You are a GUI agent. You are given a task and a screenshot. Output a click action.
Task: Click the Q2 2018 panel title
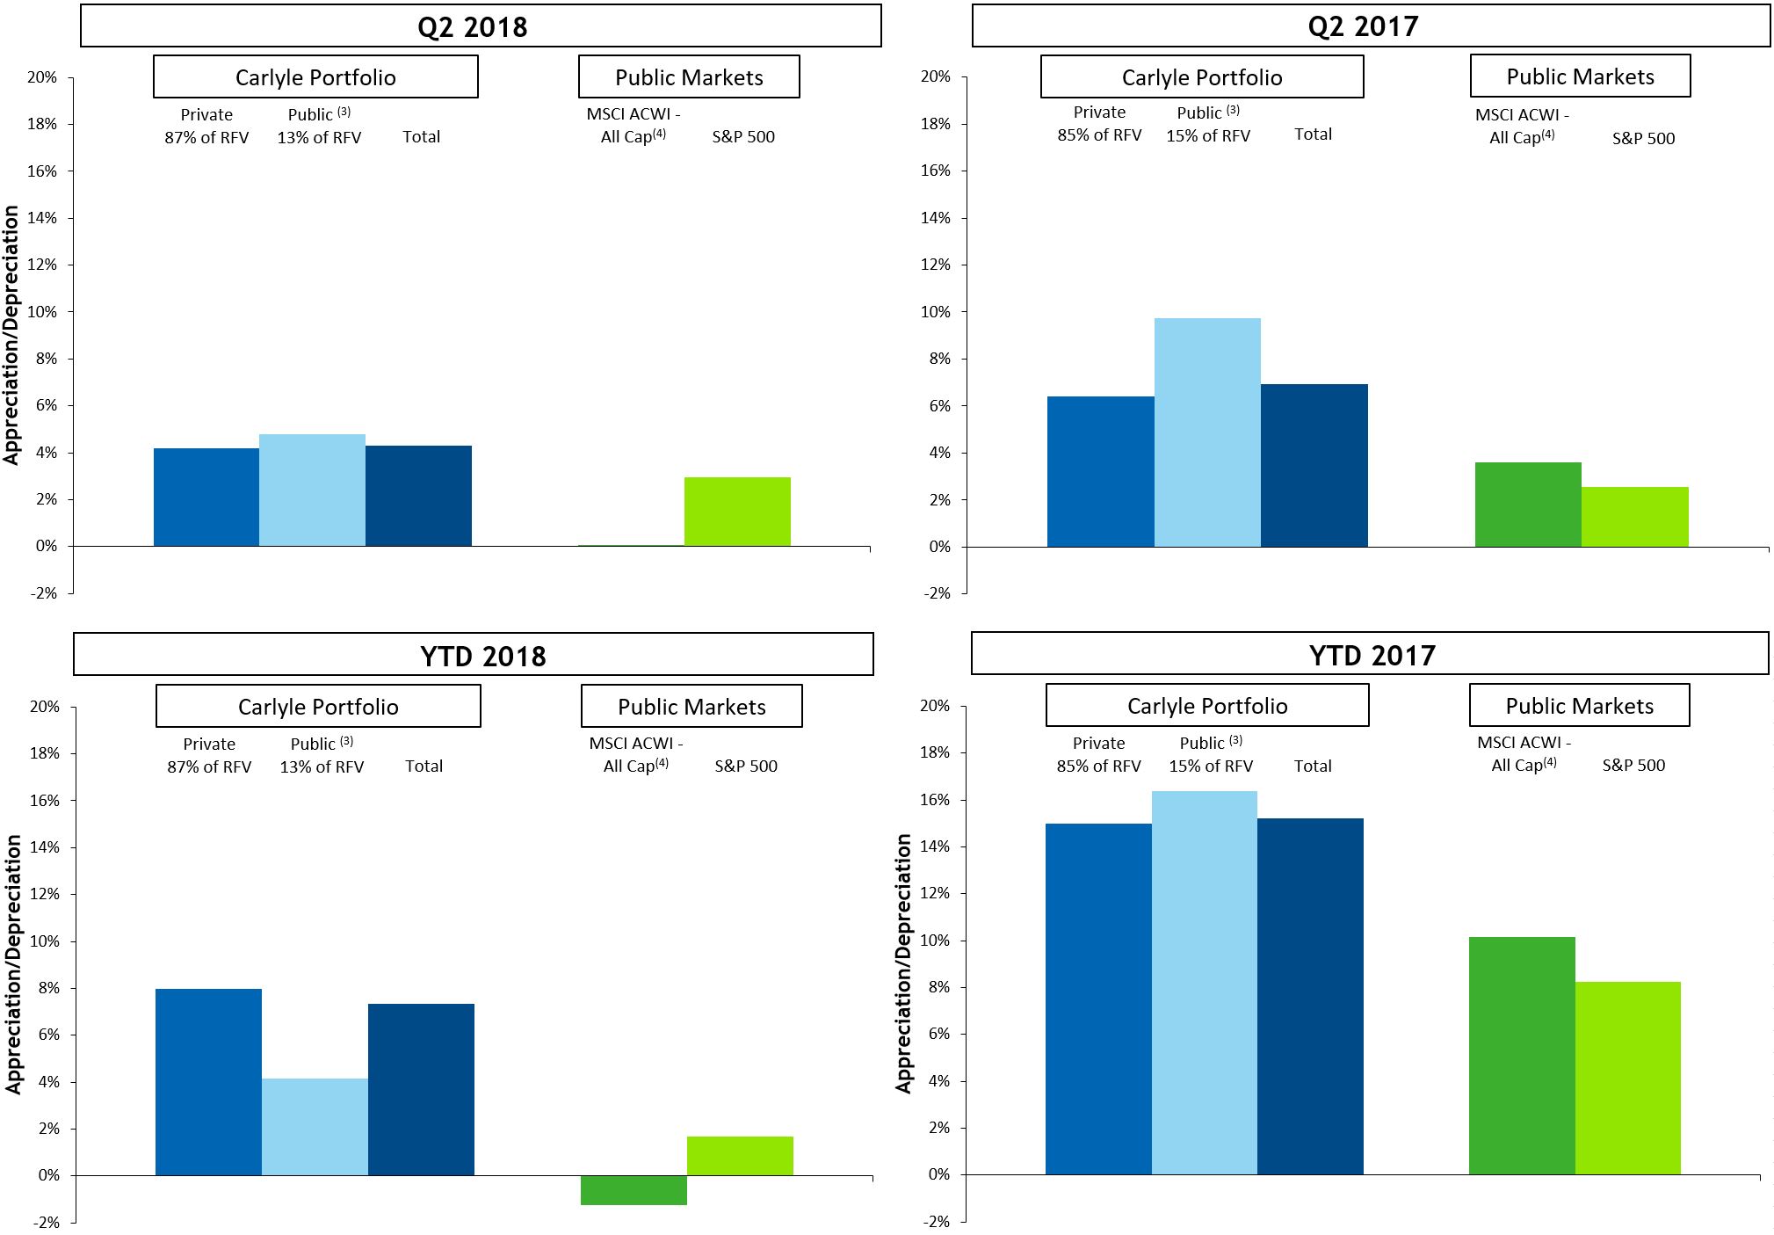coord(473,26)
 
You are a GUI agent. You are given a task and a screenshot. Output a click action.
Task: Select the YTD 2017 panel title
coord(1371,655)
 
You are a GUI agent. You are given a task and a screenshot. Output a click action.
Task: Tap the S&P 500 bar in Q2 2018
coord(737,512)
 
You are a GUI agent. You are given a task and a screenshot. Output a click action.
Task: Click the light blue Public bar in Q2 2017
coord(1207,432)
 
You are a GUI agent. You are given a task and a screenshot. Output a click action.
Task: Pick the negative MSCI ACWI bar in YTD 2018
coord(634,1190)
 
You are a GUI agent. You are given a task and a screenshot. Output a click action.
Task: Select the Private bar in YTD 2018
coord(208,1082)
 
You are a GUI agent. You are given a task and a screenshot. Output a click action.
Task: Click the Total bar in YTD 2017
coord(1310,996)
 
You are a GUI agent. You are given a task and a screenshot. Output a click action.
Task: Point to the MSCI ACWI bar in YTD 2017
coord(1522,1056)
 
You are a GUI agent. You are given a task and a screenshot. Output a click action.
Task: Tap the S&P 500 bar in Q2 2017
coord(1634,517)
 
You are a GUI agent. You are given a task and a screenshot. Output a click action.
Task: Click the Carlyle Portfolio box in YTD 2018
coord(318,707)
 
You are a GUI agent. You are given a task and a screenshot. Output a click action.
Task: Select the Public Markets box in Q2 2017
coord(1580,76)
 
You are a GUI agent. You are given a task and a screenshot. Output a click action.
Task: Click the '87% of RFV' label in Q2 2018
coord(206,138)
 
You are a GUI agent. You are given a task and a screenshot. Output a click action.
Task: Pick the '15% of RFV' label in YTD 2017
coord(1211,766)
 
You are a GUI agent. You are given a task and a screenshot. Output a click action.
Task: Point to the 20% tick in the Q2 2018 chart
coord(42,77)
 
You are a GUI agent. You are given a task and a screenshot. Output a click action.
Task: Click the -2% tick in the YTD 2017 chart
coord(935,1221)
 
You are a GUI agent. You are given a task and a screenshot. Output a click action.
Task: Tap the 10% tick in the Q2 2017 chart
coord(935,312)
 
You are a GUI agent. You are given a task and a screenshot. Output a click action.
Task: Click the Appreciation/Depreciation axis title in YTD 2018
coord(13,964)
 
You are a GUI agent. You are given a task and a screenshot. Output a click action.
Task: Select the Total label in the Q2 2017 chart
coord(1313,134)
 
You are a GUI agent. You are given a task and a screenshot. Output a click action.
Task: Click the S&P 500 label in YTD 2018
coord(746,766)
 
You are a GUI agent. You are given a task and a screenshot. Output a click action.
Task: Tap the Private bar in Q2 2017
coord(1100,472)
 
